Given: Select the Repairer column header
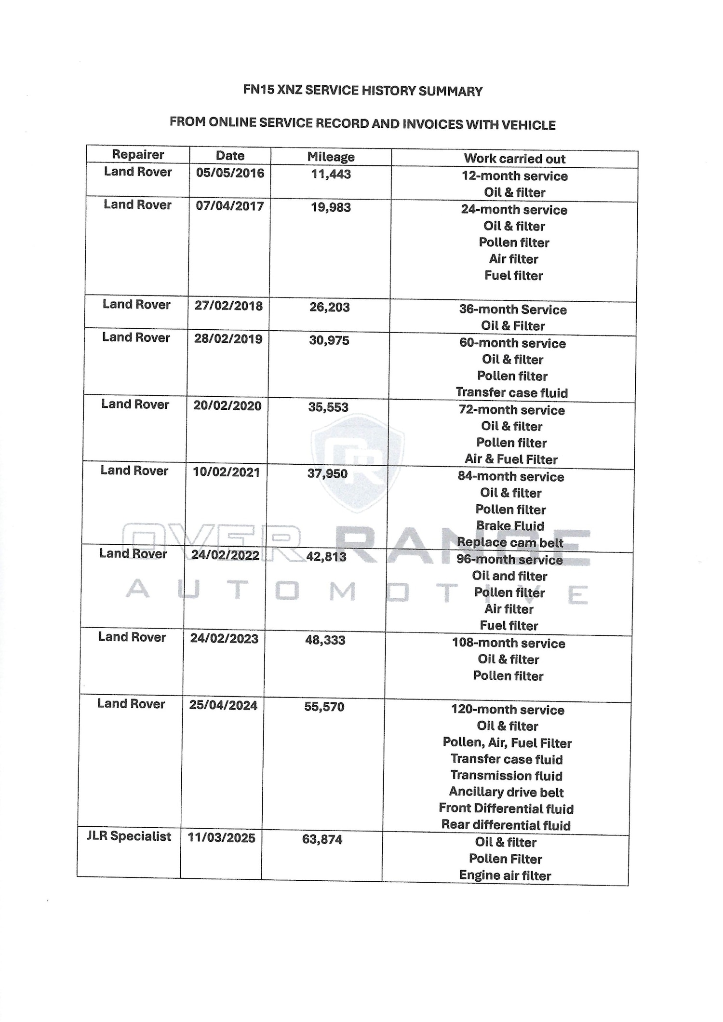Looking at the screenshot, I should pyautogui.click(x=138, y=154).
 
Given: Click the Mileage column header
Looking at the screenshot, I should pyautogui.click(x=331, y=157).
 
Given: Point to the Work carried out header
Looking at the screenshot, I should pyautogui.click(x=514, y=159).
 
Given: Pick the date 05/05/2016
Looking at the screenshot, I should pyautogui.click(x=230, y=173).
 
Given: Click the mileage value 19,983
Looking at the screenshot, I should pyautogui.click(x=331, y=207).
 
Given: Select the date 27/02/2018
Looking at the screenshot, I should pyautogui.click(x=228, y=306).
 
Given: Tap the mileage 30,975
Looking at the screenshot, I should pyautogui.click(x=329, y=340).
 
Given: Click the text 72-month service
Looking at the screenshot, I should pyautogui.click(x=511, y=410).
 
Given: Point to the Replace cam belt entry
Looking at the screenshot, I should pyautogui.click(x=510, y=542).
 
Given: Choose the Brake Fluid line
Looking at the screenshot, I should pyautogui.click(x=510, y=526).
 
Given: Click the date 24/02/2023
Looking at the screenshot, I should pyautogui.click(x=224, y=639).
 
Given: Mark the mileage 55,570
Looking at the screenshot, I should pyautogui.click(x=324, y=707).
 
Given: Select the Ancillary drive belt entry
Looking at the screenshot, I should pyautogui.click(x=506, y=792).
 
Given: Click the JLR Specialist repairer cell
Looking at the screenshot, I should pyautogui.click(x=129, y=836).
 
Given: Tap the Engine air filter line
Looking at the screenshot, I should pyautogui.click(x=505, y=875).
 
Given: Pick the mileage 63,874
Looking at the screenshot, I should pyautogui.click(x=322, y=839).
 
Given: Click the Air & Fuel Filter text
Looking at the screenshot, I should pyautogui.click(x=511, y=459).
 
